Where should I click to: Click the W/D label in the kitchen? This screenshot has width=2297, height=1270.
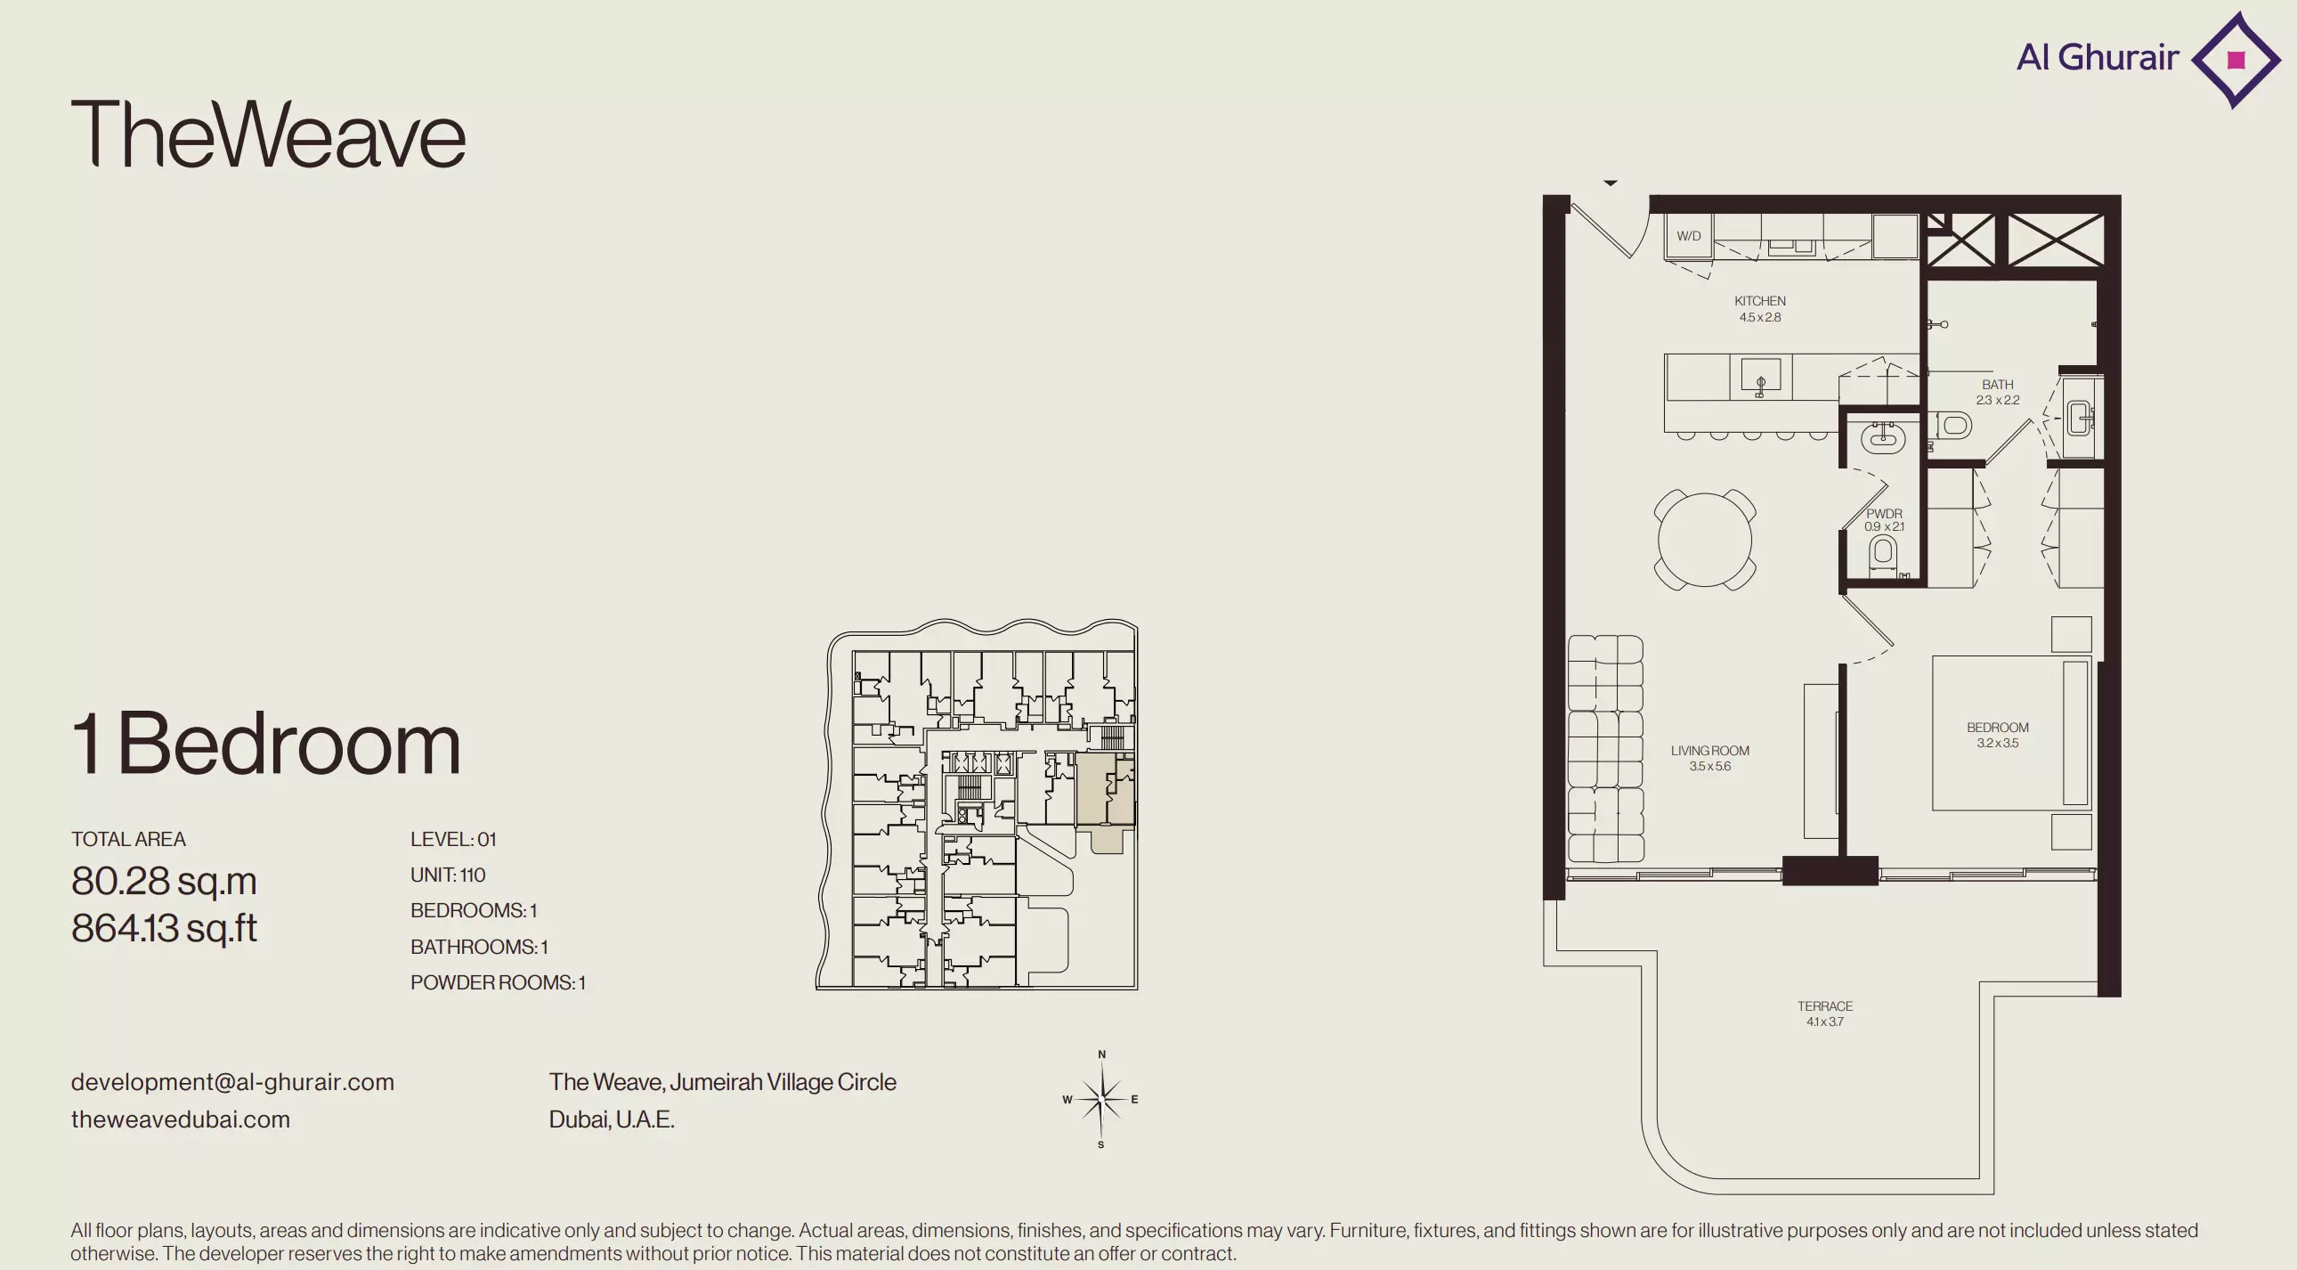(x=1688, y=236)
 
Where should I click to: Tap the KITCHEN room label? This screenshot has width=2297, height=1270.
(x=1759, y=301)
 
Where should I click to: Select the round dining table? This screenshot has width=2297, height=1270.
(x=1705, y=540)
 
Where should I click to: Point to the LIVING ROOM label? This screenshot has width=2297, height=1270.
(x=1709, y=751)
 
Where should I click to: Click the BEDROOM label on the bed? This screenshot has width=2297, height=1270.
(x=1997, y=728)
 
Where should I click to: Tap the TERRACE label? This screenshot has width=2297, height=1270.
(x=1824, y=1006)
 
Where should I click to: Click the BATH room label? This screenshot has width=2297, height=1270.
(x=1997, y=385)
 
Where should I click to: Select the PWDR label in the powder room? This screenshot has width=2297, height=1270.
(x=1884, y=514)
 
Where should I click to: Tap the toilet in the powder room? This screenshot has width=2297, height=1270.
(x=1883, y=553)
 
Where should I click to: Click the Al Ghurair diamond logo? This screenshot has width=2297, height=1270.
(x=2236, y=60)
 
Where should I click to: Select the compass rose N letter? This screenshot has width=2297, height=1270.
(x=1102, y=1054)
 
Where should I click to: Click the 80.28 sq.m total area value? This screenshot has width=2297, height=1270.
(x=164, y=881)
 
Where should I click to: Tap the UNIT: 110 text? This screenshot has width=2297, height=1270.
(x=448, y=875)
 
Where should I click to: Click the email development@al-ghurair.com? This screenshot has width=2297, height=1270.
(x=232, y=1082)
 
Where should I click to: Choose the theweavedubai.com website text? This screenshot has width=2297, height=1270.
(x=181, y=1119)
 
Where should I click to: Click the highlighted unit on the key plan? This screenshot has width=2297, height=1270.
(x=1106, y=794)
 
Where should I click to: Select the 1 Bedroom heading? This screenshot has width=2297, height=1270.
(x=265, y=744)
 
